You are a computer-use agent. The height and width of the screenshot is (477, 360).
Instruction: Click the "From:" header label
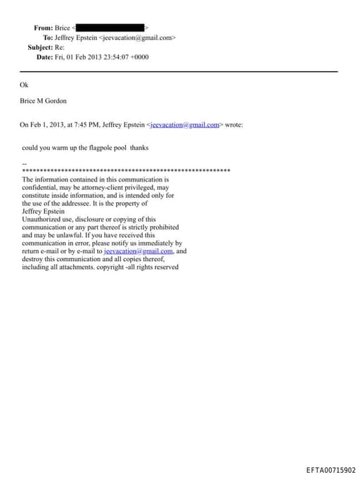tap(43, 27)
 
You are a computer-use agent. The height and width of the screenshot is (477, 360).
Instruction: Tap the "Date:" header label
tap(44, 57)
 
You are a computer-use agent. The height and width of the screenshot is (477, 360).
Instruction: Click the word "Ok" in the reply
tap(25, 84)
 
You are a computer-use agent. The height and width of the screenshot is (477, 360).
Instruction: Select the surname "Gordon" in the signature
tap(55, 101)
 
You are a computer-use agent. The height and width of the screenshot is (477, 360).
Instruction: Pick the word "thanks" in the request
tap(139, 148)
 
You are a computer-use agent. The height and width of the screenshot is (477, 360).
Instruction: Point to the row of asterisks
tap(127, 170)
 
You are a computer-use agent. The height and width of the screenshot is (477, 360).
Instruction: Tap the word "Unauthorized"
tap(41, 219)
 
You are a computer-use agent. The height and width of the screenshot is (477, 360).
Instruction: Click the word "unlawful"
tap(60, 235)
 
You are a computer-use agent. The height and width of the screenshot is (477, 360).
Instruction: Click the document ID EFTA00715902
tap(330, 470)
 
